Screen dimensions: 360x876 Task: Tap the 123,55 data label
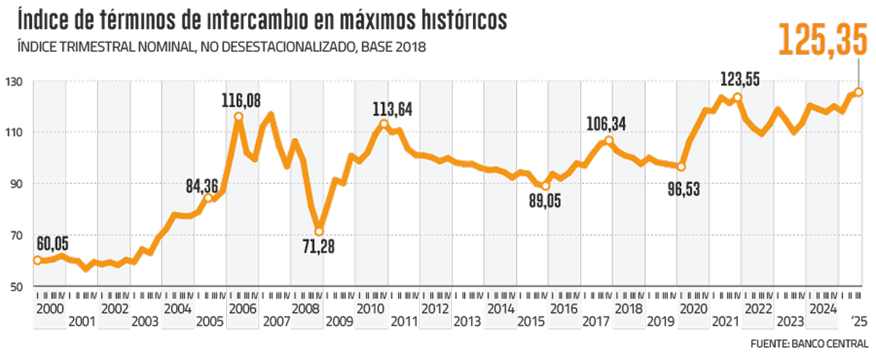tap(742, 79)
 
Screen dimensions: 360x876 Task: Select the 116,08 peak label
tap(240, 99)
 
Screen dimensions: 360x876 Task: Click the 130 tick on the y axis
tap(14, 81)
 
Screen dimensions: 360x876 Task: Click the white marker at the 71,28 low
tap(319, 231)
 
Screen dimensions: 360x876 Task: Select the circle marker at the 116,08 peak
tap(239, 116)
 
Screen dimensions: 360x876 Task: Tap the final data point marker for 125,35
tap(858, 92)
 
